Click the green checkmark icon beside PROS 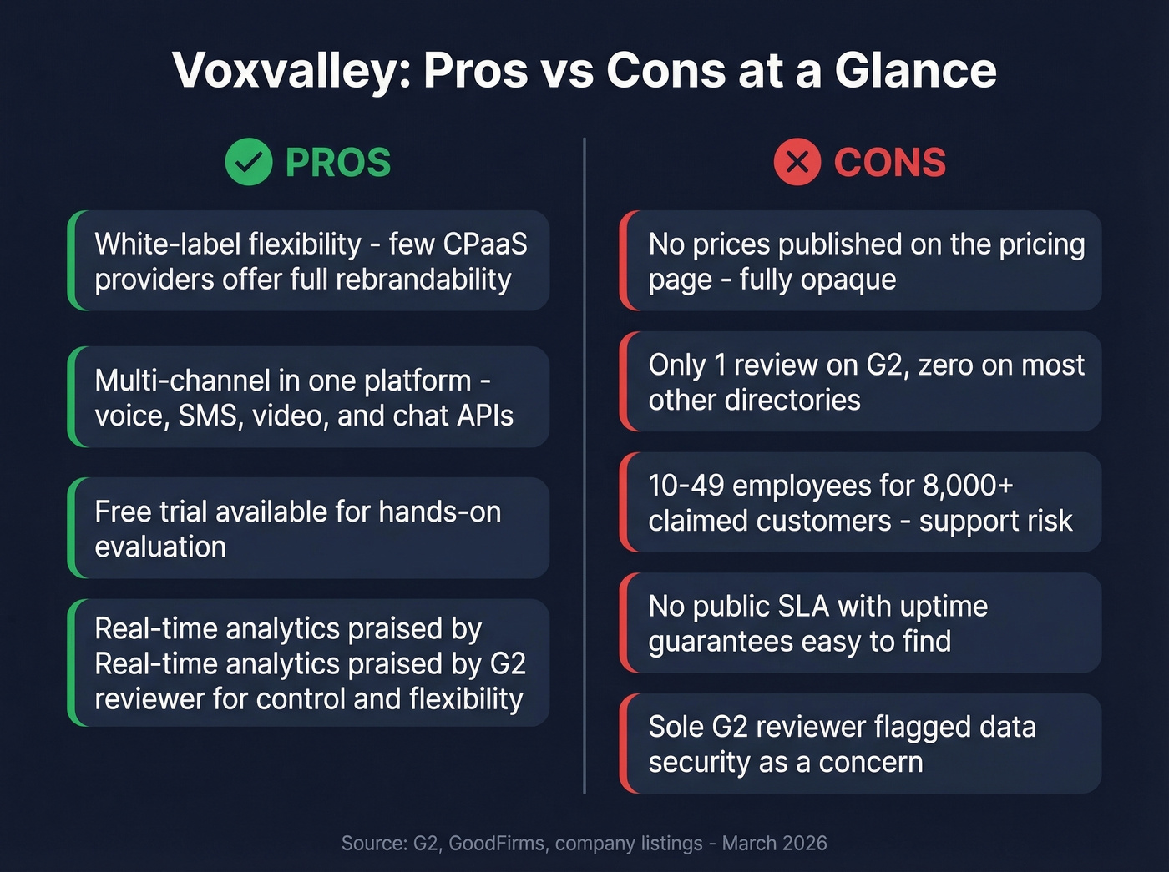pyautogui.click(x=248, y=162)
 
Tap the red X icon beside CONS pyautogui.click(x=797, y=162)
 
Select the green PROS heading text pyautogui.click(x=338, y=162)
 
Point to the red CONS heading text pyautogui.click(x=889, y=162)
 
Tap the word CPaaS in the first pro pyautogui.click(x=485, y=244)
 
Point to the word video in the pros pyautogui.click(x=289, y=416)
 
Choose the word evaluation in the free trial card pyautogui.click(x=160, y=547)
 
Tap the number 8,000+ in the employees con pyautogui.click(x=968, y=485)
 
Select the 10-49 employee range pyautogui.click(x=686, y=485)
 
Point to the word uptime pyautogui.click(x=944, y=606)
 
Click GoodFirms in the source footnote pyautogui.click(x=496, y=843)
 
